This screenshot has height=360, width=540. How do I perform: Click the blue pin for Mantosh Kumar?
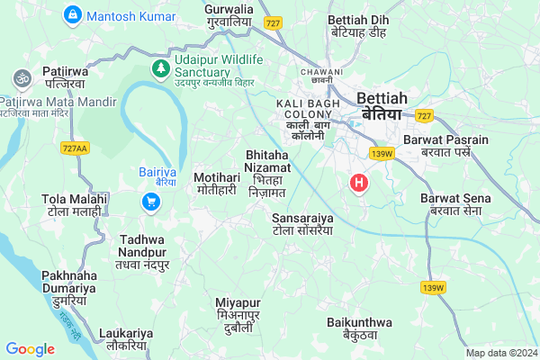coord(73,15)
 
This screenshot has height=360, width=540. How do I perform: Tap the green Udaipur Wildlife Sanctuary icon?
coord(160,67)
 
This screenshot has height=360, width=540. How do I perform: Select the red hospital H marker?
coord(360,184)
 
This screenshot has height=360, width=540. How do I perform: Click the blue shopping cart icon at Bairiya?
coord(151,203)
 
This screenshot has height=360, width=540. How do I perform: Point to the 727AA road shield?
coord(76,148)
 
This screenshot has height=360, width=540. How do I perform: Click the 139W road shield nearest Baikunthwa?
coord(433,288)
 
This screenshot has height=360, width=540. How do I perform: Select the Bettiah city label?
coord(383,105)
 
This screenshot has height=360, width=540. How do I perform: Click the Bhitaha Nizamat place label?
coord(267,174)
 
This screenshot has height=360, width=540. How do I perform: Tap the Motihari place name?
coord(216,184)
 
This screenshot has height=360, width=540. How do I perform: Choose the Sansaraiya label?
coord(302,224)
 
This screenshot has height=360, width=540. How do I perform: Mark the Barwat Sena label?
coord(454,203)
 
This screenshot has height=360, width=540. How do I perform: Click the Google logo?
coord(30,349)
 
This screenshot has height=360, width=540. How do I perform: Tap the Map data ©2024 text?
coord(500,353)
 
